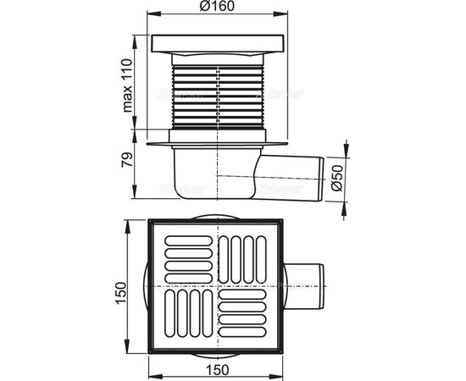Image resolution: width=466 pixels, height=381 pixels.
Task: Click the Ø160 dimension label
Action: (x=217, y=6)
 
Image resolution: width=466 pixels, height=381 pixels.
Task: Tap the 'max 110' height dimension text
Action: (x=127, y=86)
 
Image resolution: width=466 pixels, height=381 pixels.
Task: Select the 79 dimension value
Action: (x=127, y=160)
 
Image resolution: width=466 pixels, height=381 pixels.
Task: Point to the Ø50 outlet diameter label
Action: (x=337, y=178)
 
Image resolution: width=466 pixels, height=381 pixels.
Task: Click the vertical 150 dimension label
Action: (x=121, y=293)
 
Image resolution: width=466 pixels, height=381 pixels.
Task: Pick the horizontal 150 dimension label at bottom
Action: (x=217, y=370)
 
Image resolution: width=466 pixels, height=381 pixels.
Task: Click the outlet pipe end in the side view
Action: (x=321, y=179)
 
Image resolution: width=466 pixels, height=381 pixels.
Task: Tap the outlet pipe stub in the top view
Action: (x=306, y=286)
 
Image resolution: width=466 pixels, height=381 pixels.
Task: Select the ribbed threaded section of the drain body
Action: (x=218, y=97)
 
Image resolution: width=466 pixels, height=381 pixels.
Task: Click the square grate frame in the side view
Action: (x=218, y=44)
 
